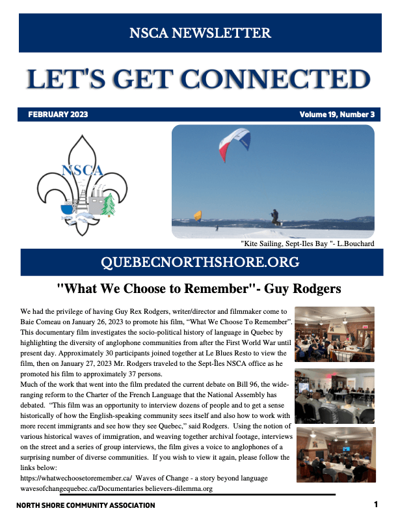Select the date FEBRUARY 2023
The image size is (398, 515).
tap(58, 115)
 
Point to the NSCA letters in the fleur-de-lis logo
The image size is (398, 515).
tap(82, 171)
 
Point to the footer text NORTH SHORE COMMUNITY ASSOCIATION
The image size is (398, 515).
tap(86, 505)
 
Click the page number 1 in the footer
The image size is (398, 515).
tap(377, 505)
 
